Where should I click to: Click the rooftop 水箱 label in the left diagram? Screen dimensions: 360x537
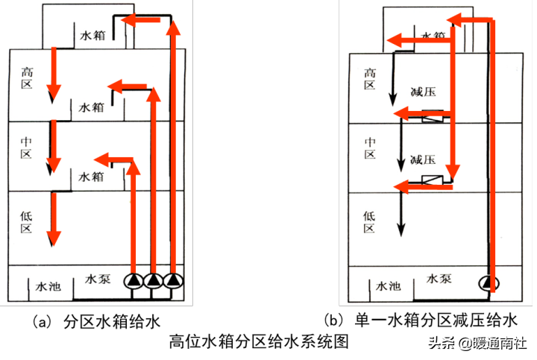coord(93,34)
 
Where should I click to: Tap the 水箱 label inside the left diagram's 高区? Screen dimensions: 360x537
coord(93,107)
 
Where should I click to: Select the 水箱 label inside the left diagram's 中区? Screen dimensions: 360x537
coord(93,177)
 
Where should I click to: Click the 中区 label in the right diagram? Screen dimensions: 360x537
coord(369,148)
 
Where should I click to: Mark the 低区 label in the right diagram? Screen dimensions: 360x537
coord(369,221)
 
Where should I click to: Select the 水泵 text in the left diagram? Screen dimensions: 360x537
coord(98,280)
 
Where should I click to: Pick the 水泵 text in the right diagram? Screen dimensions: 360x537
coord(439,279)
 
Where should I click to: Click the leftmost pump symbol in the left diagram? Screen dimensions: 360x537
coord(134,281)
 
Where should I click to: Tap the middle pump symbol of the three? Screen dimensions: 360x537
coord(153,281)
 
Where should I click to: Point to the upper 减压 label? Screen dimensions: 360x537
coord(422,92)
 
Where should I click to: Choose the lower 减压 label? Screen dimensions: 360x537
coord(422,160)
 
